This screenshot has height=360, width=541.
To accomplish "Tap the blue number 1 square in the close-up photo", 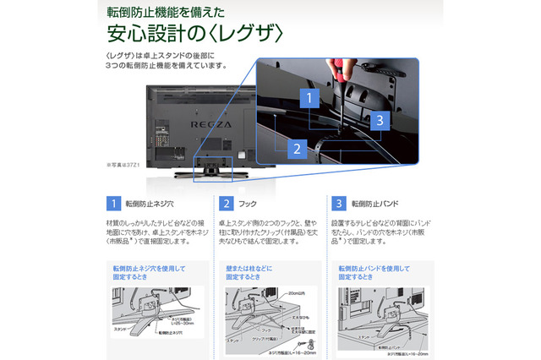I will pos(309,98).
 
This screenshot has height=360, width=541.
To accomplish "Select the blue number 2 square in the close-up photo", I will pos(294,149).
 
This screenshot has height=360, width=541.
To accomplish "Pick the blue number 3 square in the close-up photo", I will pos(380,120).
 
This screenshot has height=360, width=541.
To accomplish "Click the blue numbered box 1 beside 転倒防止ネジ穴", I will pos(113,204).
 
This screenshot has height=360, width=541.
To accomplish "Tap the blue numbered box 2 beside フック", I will pos(227,204).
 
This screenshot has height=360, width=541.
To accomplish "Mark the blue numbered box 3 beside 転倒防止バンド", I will pos(339,204).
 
